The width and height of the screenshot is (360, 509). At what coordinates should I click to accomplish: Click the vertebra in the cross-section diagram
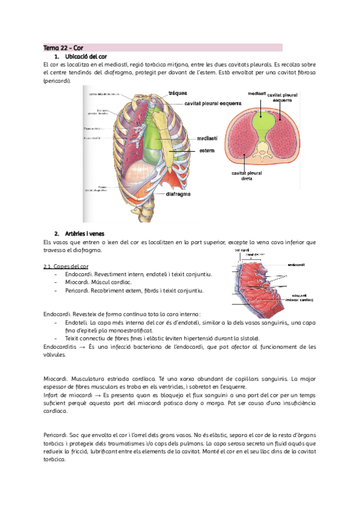(262, 148)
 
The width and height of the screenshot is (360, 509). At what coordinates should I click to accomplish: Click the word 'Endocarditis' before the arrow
(63, 347)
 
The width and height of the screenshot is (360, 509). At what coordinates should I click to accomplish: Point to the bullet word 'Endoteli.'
(77, 322)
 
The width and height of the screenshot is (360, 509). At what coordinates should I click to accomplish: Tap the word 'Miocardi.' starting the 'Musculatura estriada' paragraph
(57, 379)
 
